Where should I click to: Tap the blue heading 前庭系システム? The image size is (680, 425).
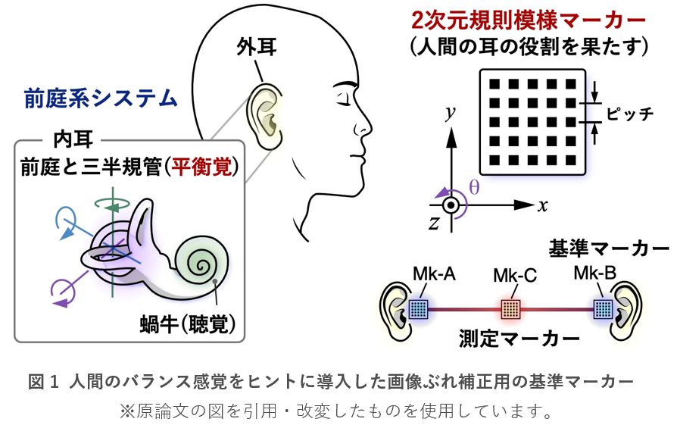point(101,98)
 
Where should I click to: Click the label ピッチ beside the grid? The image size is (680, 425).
point(630,114)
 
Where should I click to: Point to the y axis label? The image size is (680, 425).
point(451,114)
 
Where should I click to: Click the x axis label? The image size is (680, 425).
point(543,205)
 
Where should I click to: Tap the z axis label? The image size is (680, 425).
point(434,222)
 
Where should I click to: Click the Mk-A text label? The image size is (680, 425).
point(434,273)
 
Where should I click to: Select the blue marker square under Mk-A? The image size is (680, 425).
point(419,309)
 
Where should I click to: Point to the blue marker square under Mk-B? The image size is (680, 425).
point(603,309)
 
